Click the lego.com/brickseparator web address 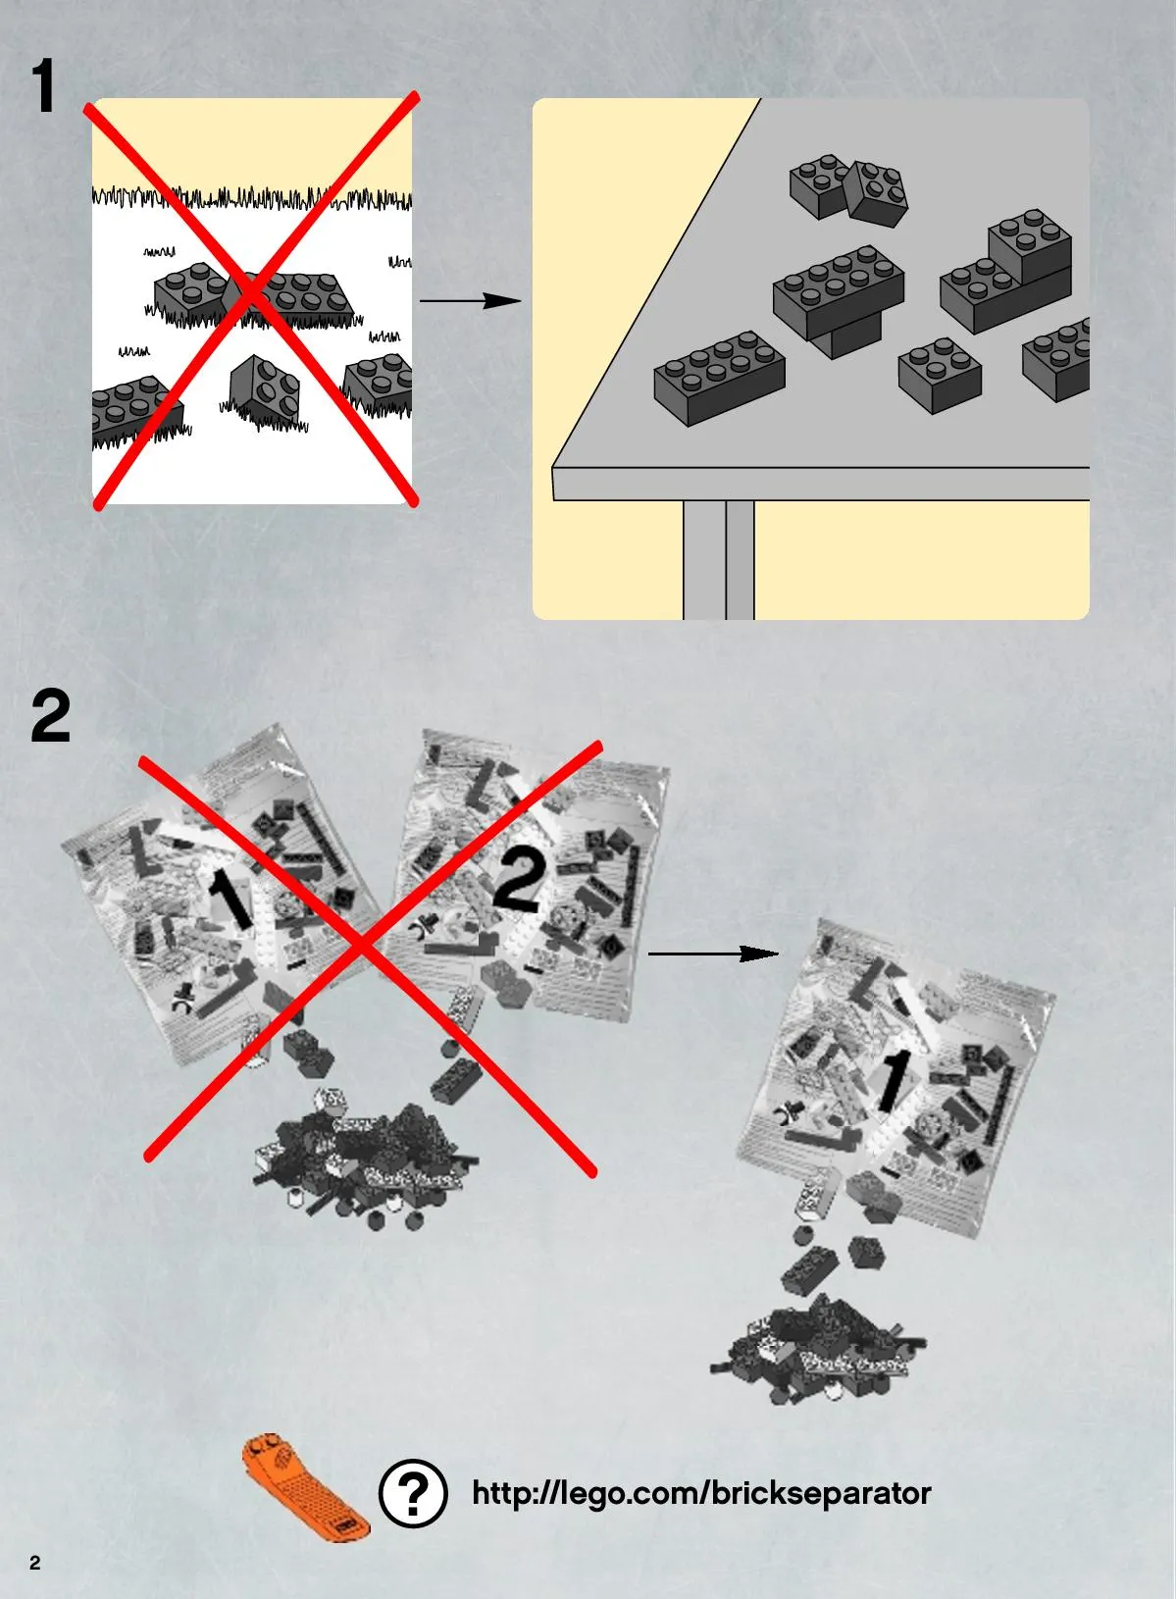(x=701, y=1493)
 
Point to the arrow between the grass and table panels (x=470, y=300)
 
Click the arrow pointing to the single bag (x=713, y=953)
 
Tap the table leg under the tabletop (x=719, y=559)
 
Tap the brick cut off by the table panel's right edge (x=1056, y=360)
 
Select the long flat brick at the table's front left (x=719, y=378)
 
